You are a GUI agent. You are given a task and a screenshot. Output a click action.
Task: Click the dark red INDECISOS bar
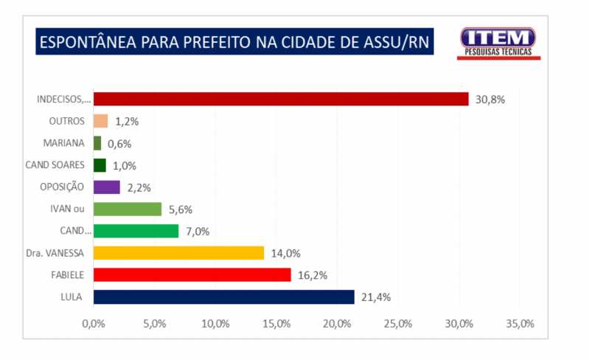(x=281, y=99)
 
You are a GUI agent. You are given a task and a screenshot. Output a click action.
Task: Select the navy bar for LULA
(x=224, y=297)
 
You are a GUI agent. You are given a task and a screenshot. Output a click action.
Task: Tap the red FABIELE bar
(x=192, y=275)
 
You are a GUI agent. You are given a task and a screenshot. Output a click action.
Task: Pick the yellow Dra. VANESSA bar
(x=179, y=253)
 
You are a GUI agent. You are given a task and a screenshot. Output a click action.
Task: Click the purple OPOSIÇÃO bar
(x=107, y=187)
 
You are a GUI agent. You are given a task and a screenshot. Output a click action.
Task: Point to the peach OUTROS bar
(x=101, y=121)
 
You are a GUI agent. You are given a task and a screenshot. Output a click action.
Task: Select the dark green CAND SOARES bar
(x=100, y=165)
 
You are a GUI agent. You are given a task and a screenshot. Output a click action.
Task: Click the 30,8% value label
(x=489, y=100)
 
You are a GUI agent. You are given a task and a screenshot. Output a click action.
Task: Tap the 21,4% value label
(x=375, y=297)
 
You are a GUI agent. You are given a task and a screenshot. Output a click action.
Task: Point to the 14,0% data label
(x=285, y=253)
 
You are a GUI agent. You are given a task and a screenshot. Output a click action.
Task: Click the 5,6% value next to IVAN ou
(x=181, y=210)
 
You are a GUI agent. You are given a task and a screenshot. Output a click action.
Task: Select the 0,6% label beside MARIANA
(x=119, y=144)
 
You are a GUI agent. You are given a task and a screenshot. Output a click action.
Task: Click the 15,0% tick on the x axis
(x=276, y=324)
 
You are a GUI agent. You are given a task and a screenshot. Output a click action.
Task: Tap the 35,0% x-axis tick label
(x=519, y=324)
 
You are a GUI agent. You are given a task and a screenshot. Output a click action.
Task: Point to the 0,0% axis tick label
(x=94, y=324)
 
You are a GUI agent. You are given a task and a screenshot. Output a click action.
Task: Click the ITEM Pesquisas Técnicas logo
(x=498, y=43)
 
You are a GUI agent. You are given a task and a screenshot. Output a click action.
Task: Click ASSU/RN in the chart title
(x=395, y=42)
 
